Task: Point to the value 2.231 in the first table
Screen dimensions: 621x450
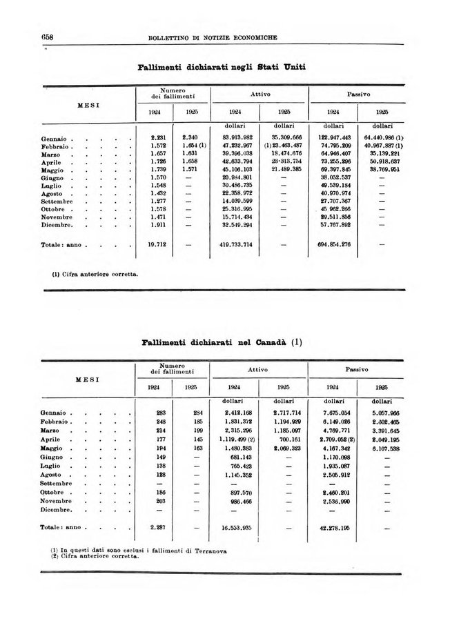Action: [x=159, y=138]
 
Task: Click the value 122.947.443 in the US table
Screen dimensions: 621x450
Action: [x=333, y=138]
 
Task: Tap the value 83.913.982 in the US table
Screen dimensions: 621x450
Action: [x=237, y=138]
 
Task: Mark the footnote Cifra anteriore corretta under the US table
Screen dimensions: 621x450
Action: [x=96, y=274]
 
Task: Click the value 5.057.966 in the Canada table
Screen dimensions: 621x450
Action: [x=380, y=412]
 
